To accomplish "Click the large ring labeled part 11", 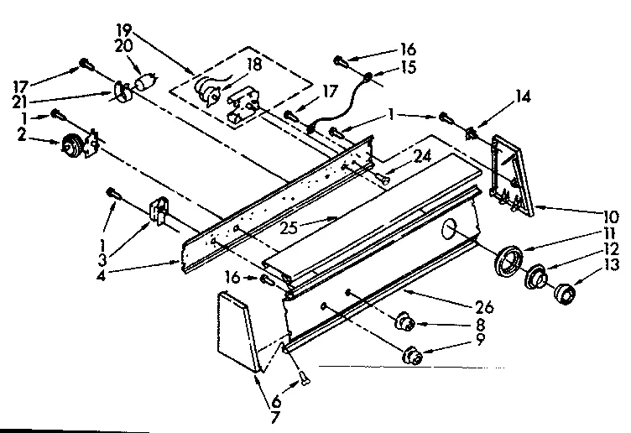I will pyautogui.click(x=508, y=259).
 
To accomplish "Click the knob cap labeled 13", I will pyautogui.click(x=565, y=294).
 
